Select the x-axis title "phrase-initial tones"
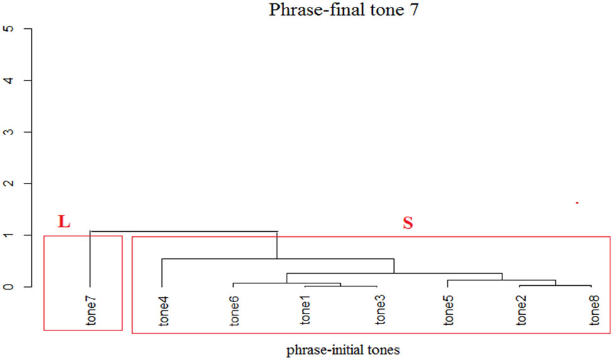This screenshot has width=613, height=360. point(342,349)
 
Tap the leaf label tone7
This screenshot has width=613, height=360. point(92,311)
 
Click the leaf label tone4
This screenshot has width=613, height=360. point(163,311)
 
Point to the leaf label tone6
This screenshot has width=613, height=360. point(235,311)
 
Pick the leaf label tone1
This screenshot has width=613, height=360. point(306,311)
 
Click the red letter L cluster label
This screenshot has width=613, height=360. point(64,221)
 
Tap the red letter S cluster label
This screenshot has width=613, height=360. point(407,223)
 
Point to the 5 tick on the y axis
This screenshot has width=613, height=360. point(9,29)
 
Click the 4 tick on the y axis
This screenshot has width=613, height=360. point(9,80)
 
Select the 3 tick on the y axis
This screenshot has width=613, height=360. point(9,132)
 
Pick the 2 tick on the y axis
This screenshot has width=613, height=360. point(9,183)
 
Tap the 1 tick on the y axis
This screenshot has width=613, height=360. point(9,235)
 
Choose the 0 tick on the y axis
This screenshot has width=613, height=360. point(9,286)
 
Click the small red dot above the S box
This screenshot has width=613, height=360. point(577,203)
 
